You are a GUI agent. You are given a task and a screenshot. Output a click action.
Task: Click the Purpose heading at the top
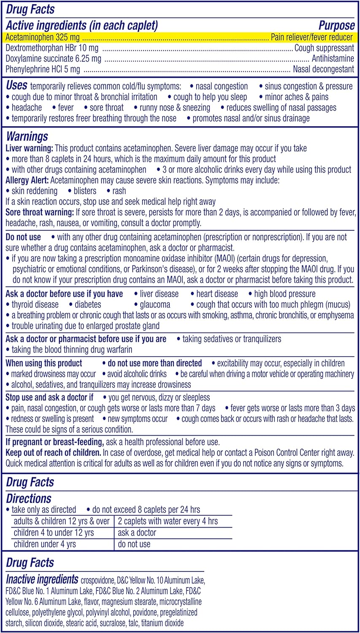coord(336,26)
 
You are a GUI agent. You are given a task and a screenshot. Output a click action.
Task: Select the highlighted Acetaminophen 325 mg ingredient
coord(42,37)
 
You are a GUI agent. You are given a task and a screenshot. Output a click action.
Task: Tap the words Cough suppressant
coord(324,48)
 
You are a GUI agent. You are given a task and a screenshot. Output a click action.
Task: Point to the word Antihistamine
coord(333,59)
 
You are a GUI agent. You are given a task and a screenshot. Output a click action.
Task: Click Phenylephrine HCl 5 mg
coord(43,69)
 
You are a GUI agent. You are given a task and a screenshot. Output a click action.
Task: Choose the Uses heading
coord(16,85)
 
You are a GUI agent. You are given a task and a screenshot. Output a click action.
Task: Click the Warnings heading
coord(27,136)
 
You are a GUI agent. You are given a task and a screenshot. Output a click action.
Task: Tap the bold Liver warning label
coord(29,148)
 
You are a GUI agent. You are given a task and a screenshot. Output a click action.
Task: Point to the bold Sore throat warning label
coord(40,212)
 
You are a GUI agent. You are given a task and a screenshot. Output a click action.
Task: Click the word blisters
coord(85,191)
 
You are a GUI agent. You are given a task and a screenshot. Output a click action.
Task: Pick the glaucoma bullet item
coord(155,304)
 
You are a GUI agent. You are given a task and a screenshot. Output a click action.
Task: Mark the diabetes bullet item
coord(88,304)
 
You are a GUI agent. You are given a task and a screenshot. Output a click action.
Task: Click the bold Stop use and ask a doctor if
coord(49,397)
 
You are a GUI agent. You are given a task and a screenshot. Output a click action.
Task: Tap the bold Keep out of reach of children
coord(53,452)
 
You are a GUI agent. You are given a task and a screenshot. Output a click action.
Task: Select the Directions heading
coord(29,498)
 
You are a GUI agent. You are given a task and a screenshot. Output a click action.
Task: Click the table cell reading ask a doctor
coord(137,533)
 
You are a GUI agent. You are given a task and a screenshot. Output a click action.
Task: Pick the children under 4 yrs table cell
coord(45,544)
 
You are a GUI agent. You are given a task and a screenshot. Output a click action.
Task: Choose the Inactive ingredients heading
coord(42,579)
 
